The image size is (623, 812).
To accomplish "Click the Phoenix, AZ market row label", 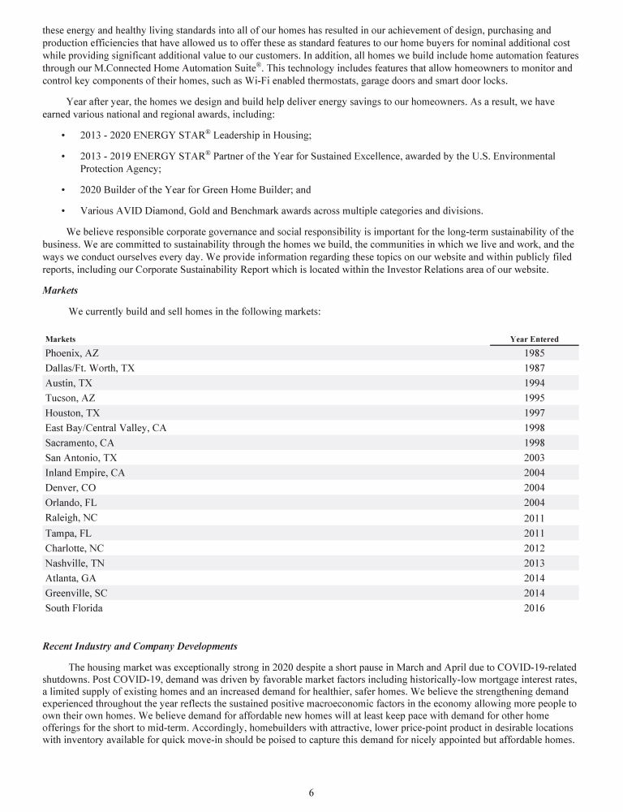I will click(x=71, y=353).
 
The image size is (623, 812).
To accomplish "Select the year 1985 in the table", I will click(x=534, y=353).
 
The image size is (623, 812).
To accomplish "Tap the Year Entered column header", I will click(x=534, y=339).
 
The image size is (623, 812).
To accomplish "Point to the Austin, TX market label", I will click(x=69, y=383).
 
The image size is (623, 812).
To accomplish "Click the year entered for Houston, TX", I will click(x=534, y=412).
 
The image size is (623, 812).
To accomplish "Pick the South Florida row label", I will click(x=74, y=607).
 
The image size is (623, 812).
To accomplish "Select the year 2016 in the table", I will click(x=534, y=607).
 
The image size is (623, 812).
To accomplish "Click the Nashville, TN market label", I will click(x=75, y=564).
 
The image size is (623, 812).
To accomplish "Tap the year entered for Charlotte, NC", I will click(x=534, y=549).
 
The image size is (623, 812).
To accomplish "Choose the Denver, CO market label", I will click(x=71, y=487).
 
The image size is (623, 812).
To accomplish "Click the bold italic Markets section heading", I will click(x=59, y=290).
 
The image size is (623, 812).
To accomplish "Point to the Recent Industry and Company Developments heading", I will click(x=140, y=646).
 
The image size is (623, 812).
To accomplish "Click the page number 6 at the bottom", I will click(x=311, y=793).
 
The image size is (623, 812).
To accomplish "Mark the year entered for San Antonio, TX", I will click(x=534, y=457).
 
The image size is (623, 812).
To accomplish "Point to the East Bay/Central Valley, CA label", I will click(x=105, y=427).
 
